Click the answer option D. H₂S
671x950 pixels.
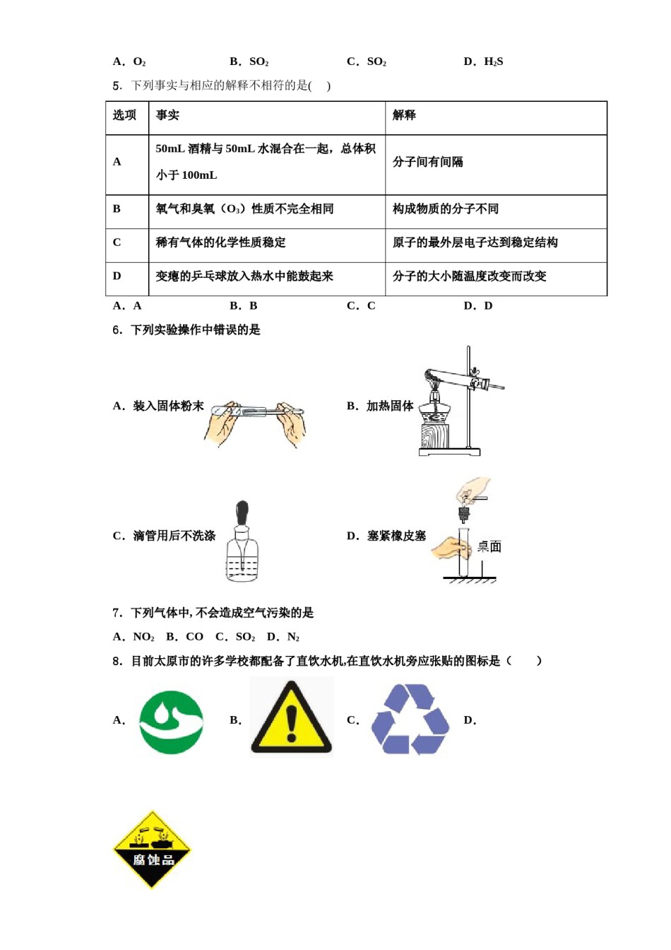coord(483,61)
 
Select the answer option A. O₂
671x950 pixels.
coord(129,61)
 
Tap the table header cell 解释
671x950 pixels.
coord(404,115)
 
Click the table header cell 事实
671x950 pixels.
coord(167,115)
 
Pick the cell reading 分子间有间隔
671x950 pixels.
coord(428,162)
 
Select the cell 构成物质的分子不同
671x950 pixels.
coord(446,209)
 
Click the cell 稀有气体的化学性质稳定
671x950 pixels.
coord(221,242)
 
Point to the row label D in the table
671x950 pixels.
coord(117,276)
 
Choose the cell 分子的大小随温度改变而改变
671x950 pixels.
coord(470,276)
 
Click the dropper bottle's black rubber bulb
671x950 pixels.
coord(242,511)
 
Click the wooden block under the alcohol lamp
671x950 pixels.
coord(434,435)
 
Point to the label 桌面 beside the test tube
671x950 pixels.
coord(489,546)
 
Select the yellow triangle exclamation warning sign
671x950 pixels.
coord(291,717)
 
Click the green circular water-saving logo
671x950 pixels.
coord(171,722)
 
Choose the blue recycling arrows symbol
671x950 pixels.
coord(410,719)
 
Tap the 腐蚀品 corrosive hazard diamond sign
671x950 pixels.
coord(152,850)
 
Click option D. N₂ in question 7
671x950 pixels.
coord(283,637)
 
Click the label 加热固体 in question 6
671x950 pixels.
coord(390,406)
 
